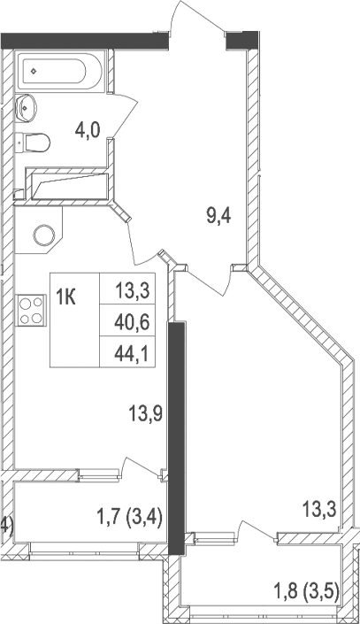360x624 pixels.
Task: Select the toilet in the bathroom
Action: point(35,141)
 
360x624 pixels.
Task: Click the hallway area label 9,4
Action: point(219,216)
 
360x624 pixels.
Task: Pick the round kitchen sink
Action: point(44,235)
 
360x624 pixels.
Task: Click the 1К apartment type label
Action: point(67,296)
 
